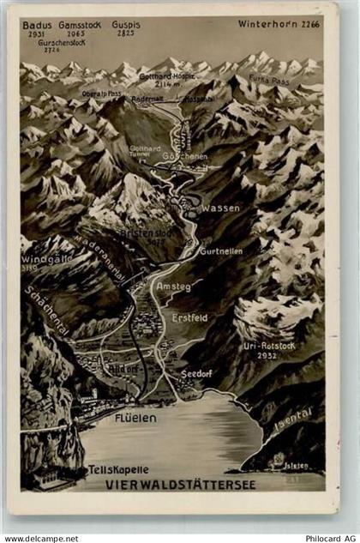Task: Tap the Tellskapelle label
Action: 118,470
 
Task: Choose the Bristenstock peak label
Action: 139,232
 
